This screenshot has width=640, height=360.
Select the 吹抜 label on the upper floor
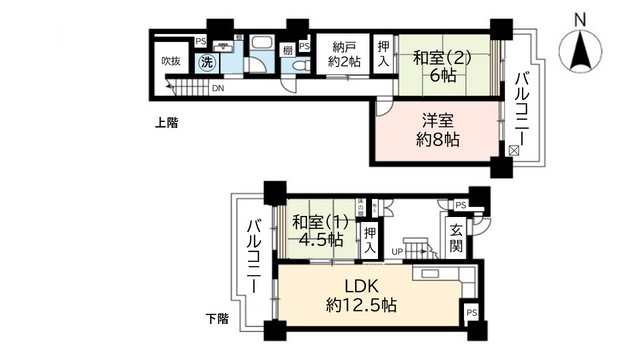[x=171, y=61]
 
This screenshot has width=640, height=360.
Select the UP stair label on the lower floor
[x=397, y=251]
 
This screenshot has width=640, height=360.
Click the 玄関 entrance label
[x=457, y=240]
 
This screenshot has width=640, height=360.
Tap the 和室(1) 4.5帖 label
[x=319, y=231]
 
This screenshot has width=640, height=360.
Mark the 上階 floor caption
[x=168, y=125]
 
